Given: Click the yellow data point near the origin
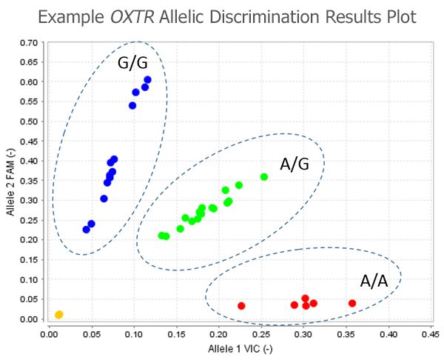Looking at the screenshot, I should (59, 315).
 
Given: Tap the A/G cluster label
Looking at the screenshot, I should (294, 164).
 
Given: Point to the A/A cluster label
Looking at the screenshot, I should (374, 281).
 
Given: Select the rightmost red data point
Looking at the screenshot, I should (352, 303).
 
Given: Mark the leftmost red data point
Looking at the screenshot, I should (241, 305).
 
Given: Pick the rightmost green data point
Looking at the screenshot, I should (264, 177).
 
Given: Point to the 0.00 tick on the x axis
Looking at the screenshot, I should (48, 335).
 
